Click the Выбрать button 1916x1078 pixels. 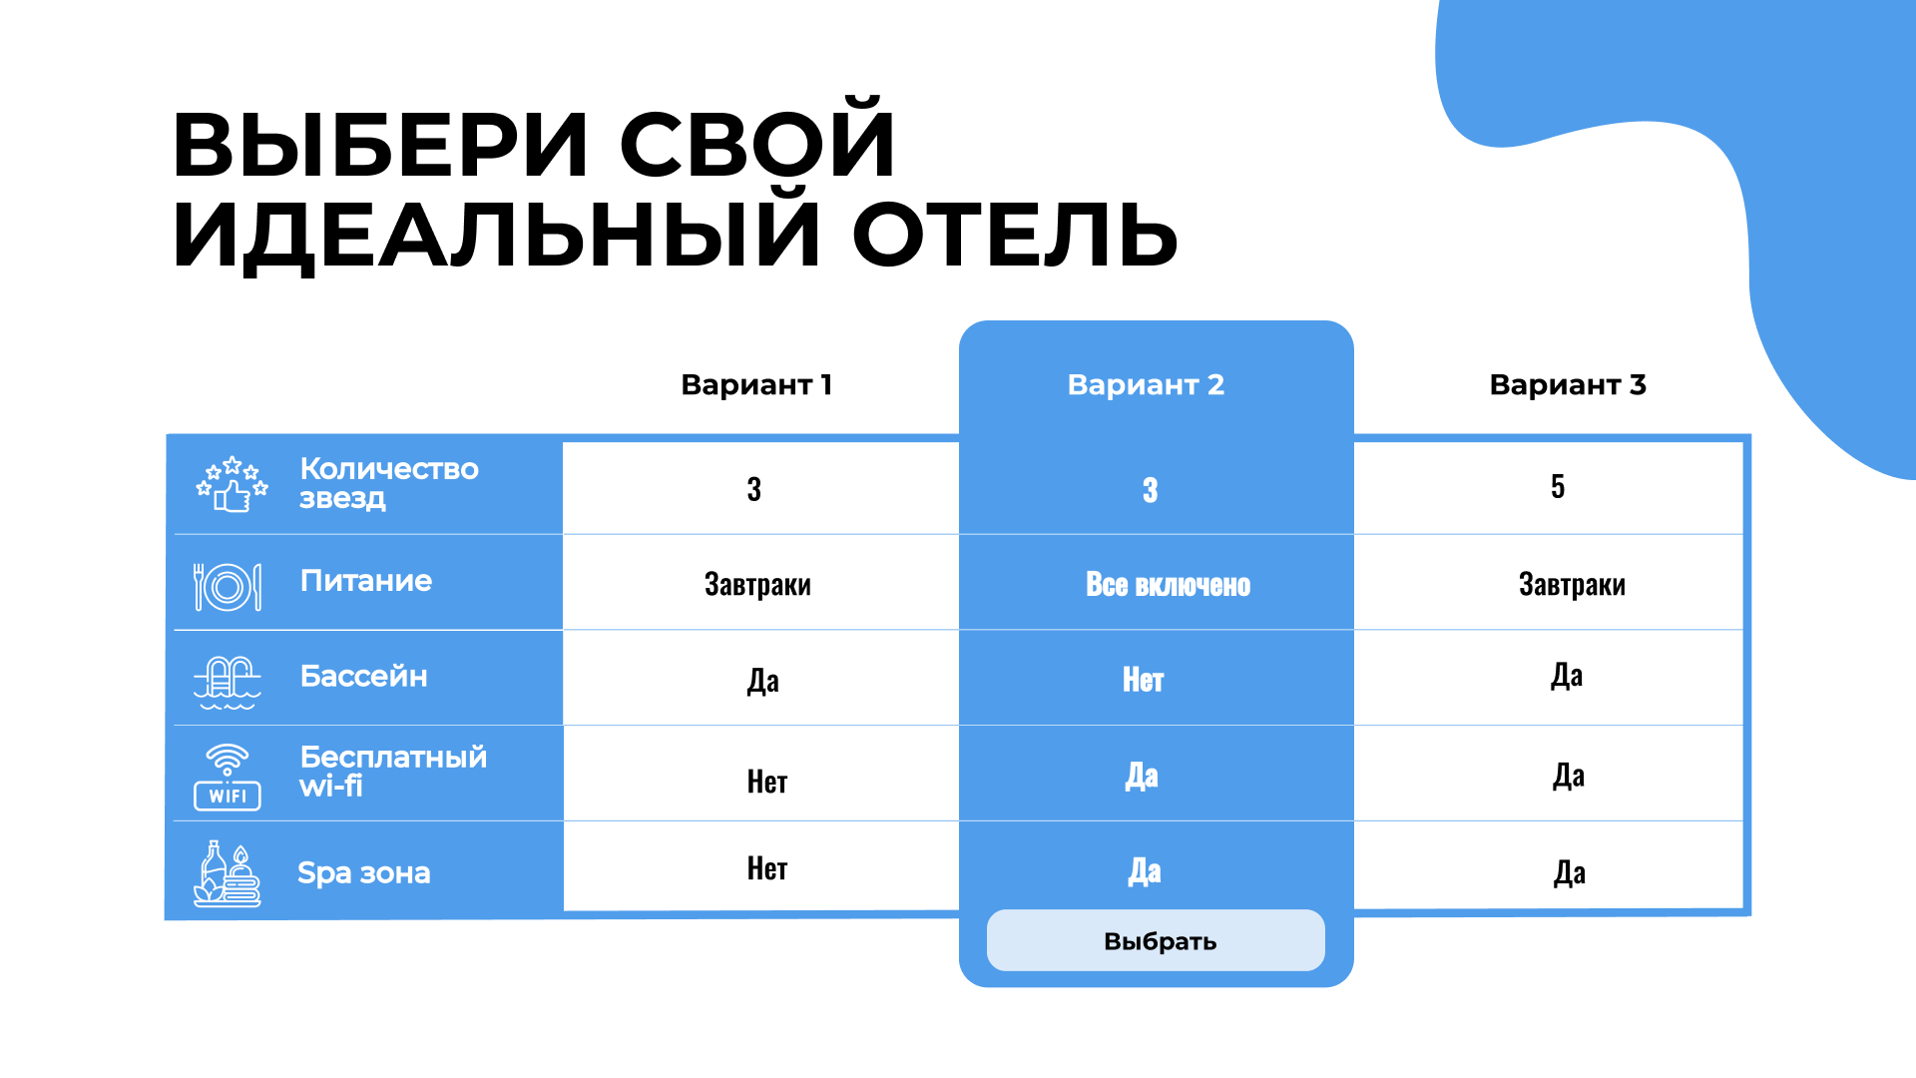pyautogui.click(x=1156, y=940)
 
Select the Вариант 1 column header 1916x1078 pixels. pyautogui.click(x=756, y=384)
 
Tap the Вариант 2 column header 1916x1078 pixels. pyautogui.click(x=1146, y=384)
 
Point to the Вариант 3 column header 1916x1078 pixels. pyautogui.click(x=1568, y=384)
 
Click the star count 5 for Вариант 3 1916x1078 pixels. pyautogui.click(x=1558, y=486)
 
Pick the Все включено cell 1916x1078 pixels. pyautogui.click(x=1168, y=585)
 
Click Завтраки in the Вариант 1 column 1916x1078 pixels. pyautogui.click(x=757, y=584)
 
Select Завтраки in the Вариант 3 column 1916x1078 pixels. pyautogui.click(x=1572, y=584)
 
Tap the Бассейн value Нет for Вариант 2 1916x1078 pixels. pyautogui.click(x=1143, y=680)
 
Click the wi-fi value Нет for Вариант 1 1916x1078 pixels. pyautogui.click(x=767, y=782)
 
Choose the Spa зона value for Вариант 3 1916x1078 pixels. pyautogui.click(x=1570, y=873)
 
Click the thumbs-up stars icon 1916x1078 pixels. pyautogui.click(x=232, y=484)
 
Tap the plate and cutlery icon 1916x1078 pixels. pyautogui.click(x=228, y=587)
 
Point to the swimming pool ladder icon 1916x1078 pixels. pyautogui.click(x=228, y=683)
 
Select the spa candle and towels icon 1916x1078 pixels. pyautogui.click(x=228, y=874)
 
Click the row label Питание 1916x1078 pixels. pyautogui.click(x=366, y=581)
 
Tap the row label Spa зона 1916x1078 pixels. pyautogui.click(x=364, y=873)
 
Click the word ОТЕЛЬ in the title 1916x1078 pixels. pyautogui.click(x=1015, y=236)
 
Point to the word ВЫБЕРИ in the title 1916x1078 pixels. pyautogui.click(x=380, y=146)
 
